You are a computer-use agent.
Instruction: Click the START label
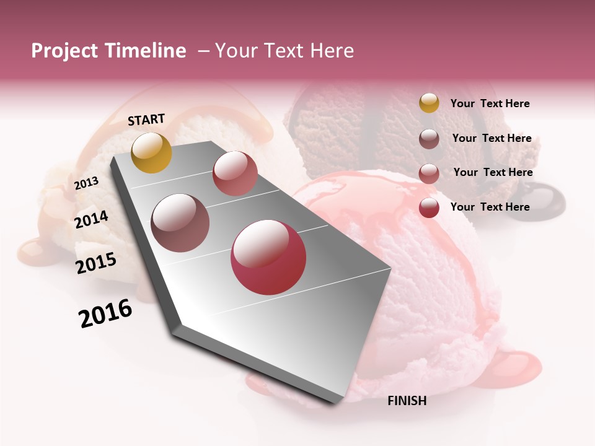pyautogui.click(x=146, y=119)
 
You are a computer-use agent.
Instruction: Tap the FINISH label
pyautogui.click(x=407, y=401)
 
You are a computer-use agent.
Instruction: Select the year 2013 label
pyautogui.click(x=87, y=183)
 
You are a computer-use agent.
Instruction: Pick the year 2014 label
pyautogui.click(x=91, y=219)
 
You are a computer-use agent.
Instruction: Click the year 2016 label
pyautogui.click(x=105, y=313)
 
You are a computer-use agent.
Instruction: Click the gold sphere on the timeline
pyautogui.click(x=151, y=152)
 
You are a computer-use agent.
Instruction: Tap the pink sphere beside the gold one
pyautogui.click(x=235, y=173)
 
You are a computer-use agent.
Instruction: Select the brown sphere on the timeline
pyautogui.click(x=180, y=223)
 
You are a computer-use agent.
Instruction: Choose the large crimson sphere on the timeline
pyautogui.click(x=268, y=258)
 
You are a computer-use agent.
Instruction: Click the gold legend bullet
pyautogui.click(x=429, y=103)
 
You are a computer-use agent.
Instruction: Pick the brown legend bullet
pyautogui.click(x=429, y=139)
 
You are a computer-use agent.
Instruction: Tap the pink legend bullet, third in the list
pyautogui.click(x=429, y=173)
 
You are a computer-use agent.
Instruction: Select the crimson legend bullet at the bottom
pyautogui.click(x=429, y=208)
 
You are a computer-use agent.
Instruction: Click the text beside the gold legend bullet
pyautogui.click(x=490, y=103)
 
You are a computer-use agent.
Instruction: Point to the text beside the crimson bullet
pyautogui.click(x=490, y=207)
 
